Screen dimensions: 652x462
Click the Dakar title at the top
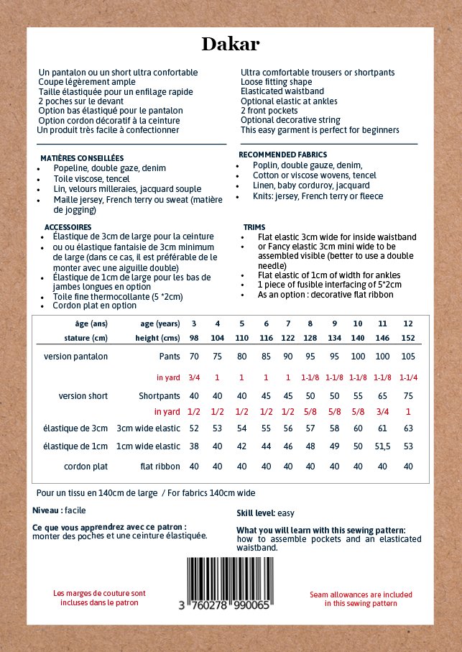(x=230, y=45)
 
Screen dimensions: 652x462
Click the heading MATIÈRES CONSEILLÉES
(x=82, y=157)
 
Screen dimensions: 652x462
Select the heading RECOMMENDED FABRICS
(x=282, y=155)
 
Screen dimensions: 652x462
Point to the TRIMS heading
(x=254, y=226)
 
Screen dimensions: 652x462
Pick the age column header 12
(x=408, y=323)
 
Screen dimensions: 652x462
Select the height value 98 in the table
(x=194, y=337)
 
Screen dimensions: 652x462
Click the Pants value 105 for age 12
(x=408, y=357)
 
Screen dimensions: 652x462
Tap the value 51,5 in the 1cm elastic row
(x=382, y=447)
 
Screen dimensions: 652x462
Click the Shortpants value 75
(x=408, y=395)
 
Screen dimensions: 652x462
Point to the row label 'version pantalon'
(x=76, y=357)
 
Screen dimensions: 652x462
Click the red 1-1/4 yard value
(x=408, y=377)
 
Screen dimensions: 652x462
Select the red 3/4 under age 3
(x=194, y=377)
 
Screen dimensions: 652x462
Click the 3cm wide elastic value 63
(x=408, y=428)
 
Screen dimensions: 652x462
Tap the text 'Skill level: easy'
(x=265, y=513)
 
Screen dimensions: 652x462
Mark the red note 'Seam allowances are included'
(x=361, y=594)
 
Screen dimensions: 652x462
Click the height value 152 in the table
(x=408, y=337)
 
